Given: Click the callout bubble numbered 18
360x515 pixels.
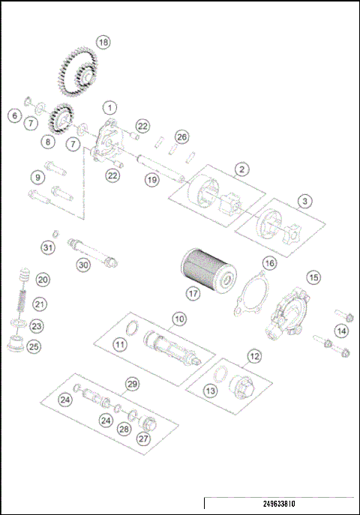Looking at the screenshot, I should point(103,43).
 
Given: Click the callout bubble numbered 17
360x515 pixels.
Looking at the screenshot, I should point(193,295).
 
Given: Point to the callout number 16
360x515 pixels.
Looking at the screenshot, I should point(268,263).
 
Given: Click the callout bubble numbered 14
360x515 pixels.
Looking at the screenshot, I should point(342,331).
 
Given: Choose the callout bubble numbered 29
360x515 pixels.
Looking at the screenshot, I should point(132,384).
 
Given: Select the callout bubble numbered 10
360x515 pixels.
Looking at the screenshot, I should point(178,319).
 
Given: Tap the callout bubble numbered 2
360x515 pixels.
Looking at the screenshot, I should point(240,169).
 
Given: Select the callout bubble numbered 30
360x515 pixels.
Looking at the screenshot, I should point(83,264).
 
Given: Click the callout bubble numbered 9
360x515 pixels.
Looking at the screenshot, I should point(37,178).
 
